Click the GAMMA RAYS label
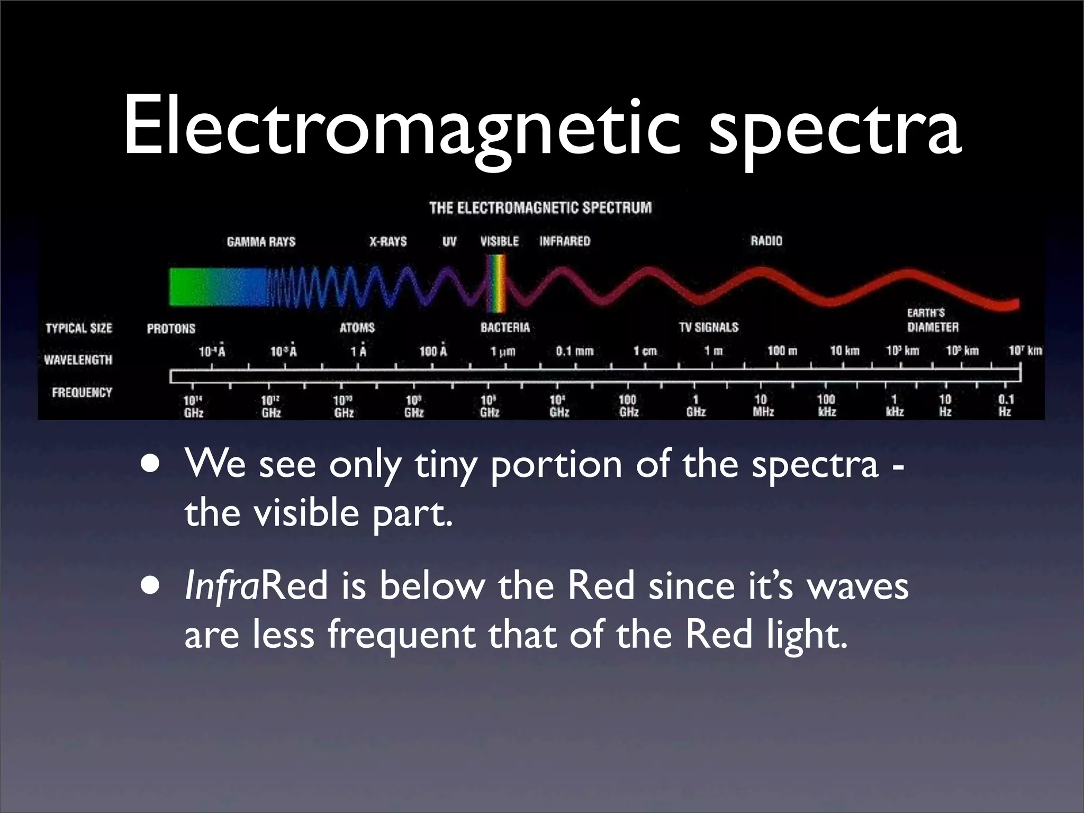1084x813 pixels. pos(261,242)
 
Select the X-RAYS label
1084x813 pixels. pos(388,242)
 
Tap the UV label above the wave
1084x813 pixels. pos(449,242)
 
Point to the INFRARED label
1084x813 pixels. pos(564,241)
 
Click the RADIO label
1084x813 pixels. pos(766,241)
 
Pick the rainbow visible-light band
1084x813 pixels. pos(496,284)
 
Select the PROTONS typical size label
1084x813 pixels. pos(171,329)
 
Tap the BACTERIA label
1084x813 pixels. pos(505,327)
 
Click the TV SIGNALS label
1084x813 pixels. pos(708,327)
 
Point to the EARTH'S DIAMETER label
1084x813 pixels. pos(932,320)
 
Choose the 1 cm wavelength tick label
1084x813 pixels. pos(645,351)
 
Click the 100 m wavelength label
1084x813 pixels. pos(782,350)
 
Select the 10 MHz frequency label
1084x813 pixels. pos(763,405)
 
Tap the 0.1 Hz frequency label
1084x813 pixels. pos(1005,405)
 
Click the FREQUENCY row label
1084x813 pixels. pos(82,392)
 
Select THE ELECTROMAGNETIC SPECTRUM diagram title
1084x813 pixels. pos(540,207)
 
